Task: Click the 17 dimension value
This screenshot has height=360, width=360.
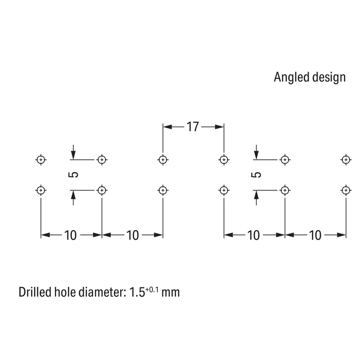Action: pyautogui.click(x=193, y=127)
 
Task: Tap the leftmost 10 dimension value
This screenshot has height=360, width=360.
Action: pyautogui.click(x=70, y=235)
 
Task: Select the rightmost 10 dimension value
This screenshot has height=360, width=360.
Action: pyautogui.click(x=315, y=235)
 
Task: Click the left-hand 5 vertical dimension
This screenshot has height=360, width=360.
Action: pyautogui.click(x=73, y=175)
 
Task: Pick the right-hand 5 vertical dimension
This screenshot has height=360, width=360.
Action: pyautogui.click(x=256, y=175)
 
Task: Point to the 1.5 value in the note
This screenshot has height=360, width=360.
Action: pyautogui.click(x=137, y=292)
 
